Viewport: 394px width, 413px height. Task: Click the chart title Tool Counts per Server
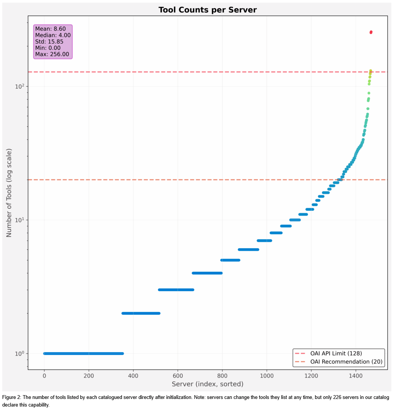click(x=207, y=10)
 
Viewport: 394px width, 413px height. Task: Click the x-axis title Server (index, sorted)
click(x=207, y=384)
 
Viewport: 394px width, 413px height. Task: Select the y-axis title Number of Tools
click(x=9, y=192)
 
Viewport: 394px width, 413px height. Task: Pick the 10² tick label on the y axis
click(x=20, y=87)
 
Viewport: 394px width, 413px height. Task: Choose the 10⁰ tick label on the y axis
click(x=20, y=354)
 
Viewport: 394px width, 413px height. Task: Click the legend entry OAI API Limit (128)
click(x=333, y=353)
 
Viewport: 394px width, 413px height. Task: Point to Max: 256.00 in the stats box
click(x=52, y=54)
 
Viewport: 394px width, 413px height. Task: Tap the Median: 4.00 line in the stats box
click(x=53, y=35)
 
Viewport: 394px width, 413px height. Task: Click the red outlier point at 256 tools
click(x=371, y=32)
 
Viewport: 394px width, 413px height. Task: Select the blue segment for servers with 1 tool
click(x=84, y=353)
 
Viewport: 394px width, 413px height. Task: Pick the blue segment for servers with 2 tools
click(x=141, y=313)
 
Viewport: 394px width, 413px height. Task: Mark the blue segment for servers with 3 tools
click(x=176, y=290)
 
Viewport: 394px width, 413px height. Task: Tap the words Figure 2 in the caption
click(x=11, y=397)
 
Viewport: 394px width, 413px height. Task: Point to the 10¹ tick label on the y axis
click(x=20, y=220)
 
